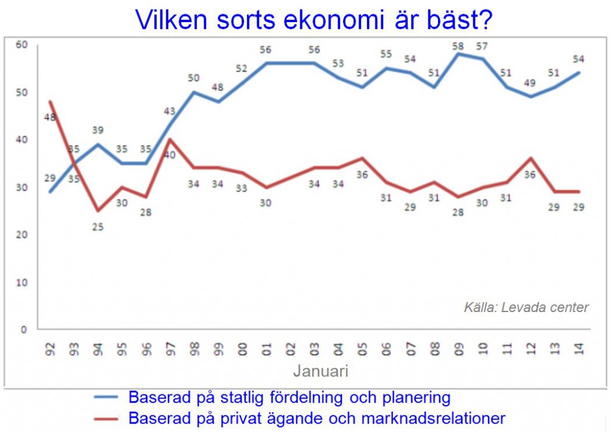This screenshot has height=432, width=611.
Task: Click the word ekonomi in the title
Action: tap(334, 20)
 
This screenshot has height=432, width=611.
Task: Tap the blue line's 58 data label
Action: tap(458, 46)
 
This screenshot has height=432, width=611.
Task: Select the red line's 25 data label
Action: tap(98, 227)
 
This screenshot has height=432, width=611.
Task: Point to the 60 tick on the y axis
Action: tap(22, 44)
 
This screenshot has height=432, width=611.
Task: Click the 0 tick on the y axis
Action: tap(24, 329)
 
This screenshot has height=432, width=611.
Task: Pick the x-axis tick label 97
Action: tap(170, 349)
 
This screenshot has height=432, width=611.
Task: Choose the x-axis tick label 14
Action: tap(579, 349)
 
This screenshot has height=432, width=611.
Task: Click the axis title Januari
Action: tap(320, 371)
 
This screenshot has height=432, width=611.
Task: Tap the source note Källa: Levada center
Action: tap(526, 307)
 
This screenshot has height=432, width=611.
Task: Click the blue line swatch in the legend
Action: tap(106, 397)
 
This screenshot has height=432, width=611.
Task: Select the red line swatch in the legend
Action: tap(106, 419)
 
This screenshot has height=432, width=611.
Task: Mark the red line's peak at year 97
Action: tap(170, 139)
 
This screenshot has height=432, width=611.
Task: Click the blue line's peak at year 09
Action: tap(458, 54)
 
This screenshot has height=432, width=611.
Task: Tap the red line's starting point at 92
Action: tap(50, 101)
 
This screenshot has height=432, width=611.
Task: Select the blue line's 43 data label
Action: tap(169, 112)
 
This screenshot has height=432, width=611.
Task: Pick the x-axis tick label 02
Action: tap(291, 349)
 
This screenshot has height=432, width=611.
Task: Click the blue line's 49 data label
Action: tap(530, 82)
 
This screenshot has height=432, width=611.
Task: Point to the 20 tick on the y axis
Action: tap(22, 234)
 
